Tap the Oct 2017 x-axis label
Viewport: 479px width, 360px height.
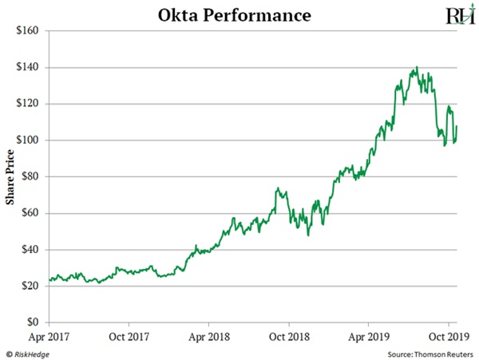[x=129, y=336]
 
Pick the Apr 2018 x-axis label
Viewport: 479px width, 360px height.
[x=208, y=336]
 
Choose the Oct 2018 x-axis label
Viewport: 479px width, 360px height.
[x=288, y=336]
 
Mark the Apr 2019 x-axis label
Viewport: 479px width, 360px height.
[x=368, y=336]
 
